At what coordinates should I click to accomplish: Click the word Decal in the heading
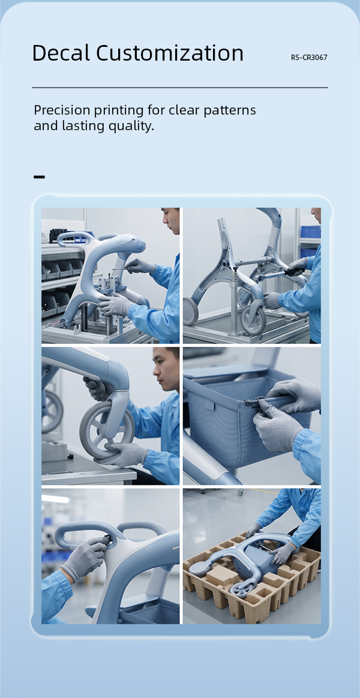click(61, 53)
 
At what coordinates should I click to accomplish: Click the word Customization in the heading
click(170, 53)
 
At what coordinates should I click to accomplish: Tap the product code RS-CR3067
click(309, 58)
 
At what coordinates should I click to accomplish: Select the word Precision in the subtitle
click(61, 110)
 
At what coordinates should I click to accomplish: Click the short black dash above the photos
click(39, 177)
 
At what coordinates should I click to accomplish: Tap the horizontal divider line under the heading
click(180, 88)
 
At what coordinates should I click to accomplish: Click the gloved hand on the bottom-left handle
click(86, 558)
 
